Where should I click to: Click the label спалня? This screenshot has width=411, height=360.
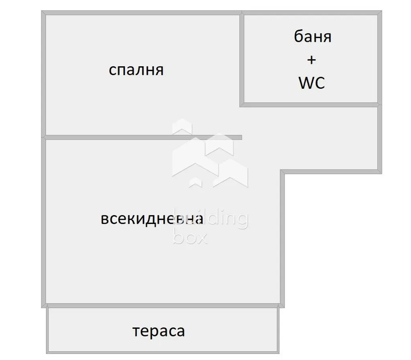coord(136,70)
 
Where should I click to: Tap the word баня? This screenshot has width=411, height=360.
coord(312,37)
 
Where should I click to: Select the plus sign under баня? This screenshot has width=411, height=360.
coord(311,60)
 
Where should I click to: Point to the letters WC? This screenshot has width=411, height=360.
coord(311,83)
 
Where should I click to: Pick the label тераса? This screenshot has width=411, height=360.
coord(159,331)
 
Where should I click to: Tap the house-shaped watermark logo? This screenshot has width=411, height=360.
coord(210,153)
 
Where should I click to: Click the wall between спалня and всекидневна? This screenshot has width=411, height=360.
coord(143,138)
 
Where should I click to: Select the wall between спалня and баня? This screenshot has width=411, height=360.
coord(242,59)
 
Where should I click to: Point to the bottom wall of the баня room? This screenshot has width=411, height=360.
coord(311,105)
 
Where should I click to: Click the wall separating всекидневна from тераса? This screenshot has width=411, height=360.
coord(163,306)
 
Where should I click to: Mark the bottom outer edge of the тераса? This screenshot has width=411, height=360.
coord(163,352)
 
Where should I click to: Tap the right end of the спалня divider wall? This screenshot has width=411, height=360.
coord(242,138)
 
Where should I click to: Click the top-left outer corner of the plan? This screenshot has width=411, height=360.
coord(41,11)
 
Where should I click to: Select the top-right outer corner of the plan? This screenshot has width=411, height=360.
coord(382,11)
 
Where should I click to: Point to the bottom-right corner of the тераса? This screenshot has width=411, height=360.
coord(279,354)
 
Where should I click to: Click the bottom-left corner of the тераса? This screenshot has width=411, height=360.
coord(47,354)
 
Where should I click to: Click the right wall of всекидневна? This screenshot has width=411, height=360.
coord(282,238)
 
